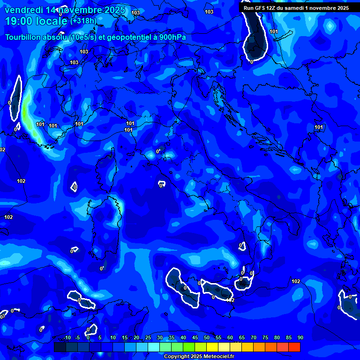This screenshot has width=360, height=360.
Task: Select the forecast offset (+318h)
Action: (83, 21)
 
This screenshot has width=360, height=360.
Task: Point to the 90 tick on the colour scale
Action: (300, 338)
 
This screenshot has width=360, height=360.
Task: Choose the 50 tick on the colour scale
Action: (207, 338)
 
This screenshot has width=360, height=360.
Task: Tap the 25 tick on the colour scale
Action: (148, 338)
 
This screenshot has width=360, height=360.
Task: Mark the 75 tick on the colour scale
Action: (265, 338)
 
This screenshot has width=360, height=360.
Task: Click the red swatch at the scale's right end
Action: (294, 347)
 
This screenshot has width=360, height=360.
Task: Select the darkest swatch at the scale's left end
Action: (60, 347)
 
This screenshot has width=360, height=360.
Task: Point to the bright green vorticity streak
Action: (27, 110)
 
